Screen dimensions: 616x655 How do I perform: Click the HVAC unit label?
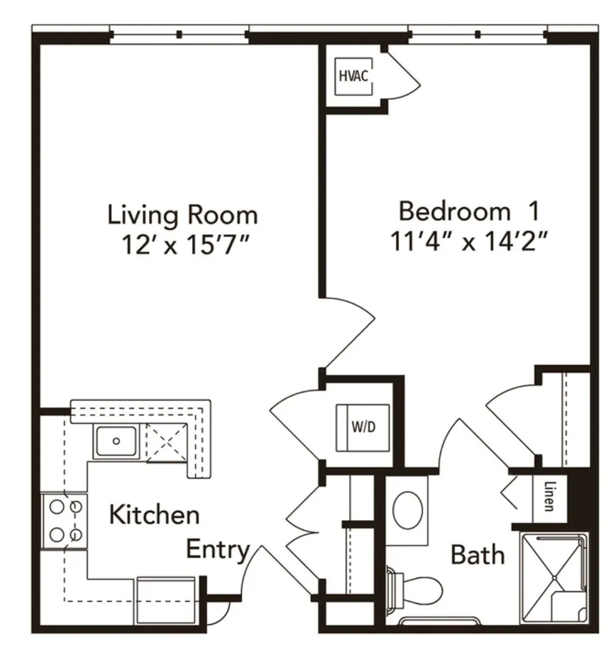coord(353,76)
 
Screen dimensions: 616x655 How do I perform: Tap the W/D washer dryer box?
coord(362,428)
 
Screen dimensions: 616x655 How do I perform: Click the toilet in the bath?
coord(416,589)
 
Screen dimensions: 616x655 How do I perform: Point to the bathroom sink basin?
coord(408,510)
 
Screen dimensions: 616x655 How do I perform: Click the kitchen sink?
coord(116,441)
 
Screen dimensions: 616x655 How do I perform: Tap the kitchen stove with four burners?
coord(64,521)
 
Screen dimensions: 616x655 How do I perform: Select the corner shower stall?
coord(554,578)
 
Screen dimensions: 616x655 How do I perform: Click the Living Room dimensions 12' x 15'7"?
coord(185,244)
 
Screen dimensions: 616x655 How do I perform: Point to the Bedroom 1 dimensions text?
coord(469,241)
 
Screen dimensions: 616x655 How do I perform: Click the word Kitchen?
coord(154,514)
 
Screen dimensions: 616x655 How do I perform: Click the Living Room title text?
coord(183,215)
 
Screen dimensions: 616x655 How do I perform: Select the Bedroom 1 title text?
coord(469,211)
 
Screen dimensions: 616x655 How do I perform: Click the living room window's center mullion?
coord(179,34)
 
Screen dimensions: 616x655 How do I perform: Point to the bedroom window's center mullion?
coord(478,34)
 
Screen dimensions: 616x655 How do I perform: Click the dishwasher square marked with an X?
coord(166,443)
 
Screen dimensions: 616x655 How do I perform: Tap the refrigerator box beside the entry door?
coord(166,601)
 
